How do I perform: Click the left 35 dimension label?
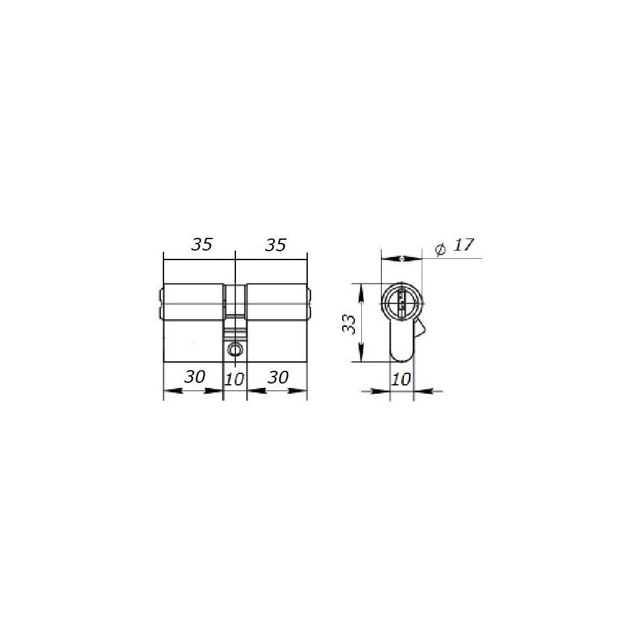(202, 244)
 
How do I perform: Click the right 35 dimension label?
(275, 245)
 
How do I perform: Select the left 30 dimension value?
(195, 377)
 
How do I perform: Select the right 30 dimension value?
(279, 377)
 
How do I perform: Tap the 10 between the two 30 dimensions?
(235, 379)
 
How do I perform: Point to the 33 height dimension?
(349, 324)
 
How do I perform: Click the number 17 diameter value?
(463, 245)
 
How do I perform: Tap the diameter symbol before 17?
(440, 249)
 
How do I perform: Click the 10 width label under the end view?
(401, 379)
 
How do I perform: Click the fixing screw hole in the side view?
(235, 349)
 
